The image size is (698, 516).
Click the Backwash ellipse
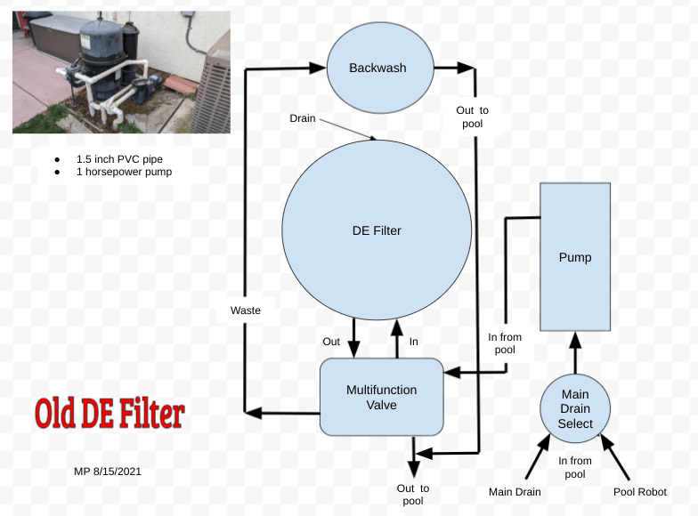pos(378,68)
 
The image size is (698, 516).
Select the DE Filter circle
pos(377,231)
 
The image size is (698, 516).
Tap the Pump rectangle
pos(575,257)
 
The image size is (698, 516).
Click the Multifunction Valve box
pos(381,397)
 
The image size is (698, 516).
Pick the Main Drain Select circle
pos(575,409)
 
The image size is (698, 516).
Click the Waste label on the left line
pos(245,310)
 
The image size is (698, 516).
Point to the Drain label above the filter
pos(303,118)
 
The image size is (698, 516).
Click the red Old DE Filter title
pos(110,414)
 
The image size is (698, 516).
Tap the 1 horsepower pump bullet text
pos(124,172)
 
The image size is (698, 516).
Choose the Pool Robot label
pos(639,492)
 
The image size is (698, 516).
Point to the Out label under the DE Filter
pos(331,341)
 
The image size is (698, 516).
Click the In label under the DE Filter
pos(413,341)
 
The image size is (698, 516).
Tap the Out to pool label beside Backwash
pos(473,117)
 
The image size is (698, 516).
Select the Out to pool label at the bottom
pos(412,495)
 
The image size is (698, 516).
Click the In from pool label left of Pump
pos(505,343)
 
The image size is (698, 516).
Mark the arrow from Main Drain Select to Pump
pos(575,352)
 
